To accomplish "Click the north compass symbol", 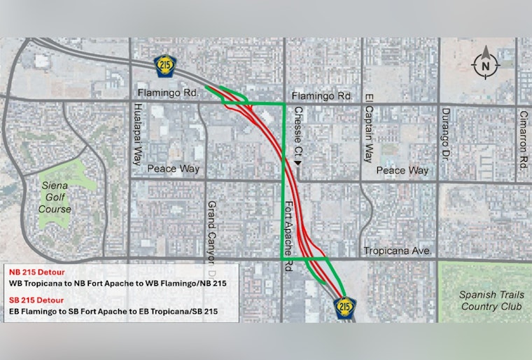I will (x=485, y=65).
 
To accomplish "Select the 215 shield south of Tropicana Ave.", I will (x=344, y=306).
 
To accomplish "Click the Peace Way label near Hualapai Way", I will (x=173, y=169).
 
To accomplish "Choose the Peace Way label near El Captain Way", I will (x=402, y=170).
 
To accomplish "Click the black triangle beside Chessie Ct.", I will (x=298, y=162).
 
